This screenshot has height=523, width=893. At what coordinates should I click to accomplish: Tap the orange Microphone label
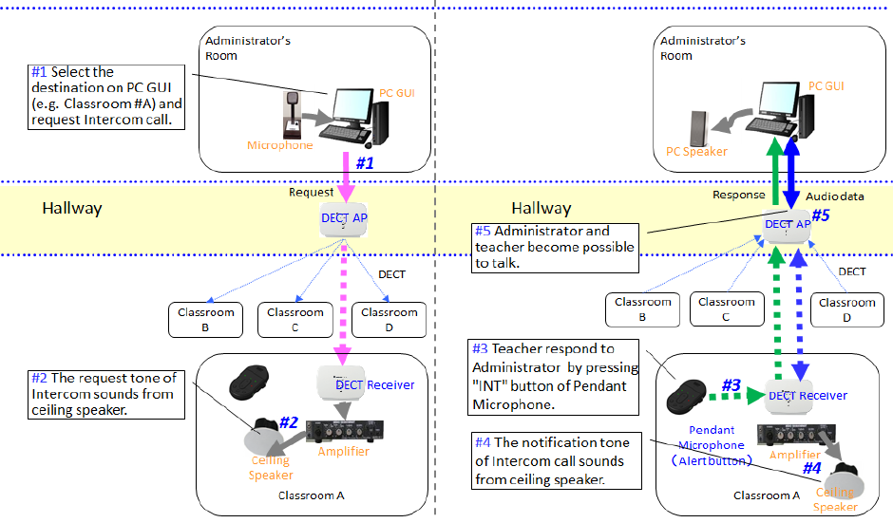pyautogui.click(x=279, y=145)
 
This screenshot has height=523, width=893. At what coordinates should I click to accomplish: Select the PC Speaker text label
pyautogui.click(x=695, y=152)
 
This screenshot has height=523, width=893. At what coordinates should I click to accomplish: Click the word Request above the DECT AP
pyautogui.click(x=312, y=192)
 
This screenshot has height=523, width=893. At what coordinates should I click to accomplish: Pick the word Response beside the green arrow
pyautogui.click(x=738, y=195)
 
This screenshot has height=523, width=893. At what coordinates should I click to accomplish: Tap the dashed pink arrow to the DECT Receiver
pyautogui.click(x=339, y=304)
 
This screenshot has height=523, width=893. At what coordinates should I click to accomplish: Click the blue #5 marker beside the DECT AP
pyautogui.click(x=820, y=215)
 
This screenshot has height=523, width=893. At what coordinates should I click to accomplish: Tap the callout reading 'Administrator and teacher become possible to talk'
pyautogui.click(x=556, y=246)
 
